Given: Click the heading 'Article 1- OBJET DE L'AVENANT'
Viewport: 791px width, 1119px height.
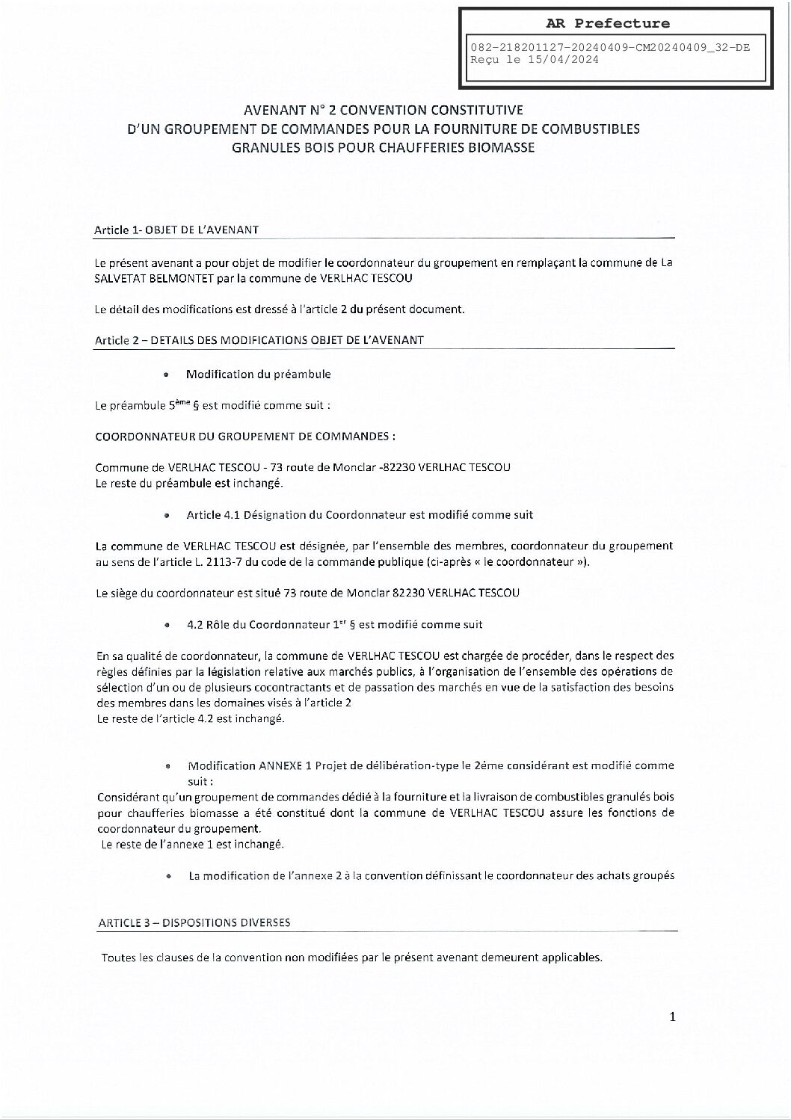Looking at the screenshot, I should click(x=176, y=230).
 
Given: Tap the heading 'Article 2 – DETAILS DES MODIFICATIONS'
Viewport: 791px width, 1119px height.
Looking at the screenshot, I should click(x=259, y=340).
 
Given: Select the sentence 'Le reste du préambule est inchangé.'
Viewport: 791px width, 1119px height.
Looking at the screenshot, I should click(x=189, y=483).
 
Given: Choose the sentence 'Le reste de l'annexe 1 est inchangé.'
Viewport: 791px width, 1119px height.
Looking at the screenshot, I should click(x=192, y=844).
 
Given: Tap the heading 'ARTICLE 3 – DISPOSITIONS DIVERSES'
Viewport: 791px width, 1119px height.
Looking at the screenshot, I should click(x=194, y=923).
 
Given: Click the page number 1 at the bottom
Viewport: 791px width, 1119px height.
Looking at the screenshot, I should click(x=672, y=1017).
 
